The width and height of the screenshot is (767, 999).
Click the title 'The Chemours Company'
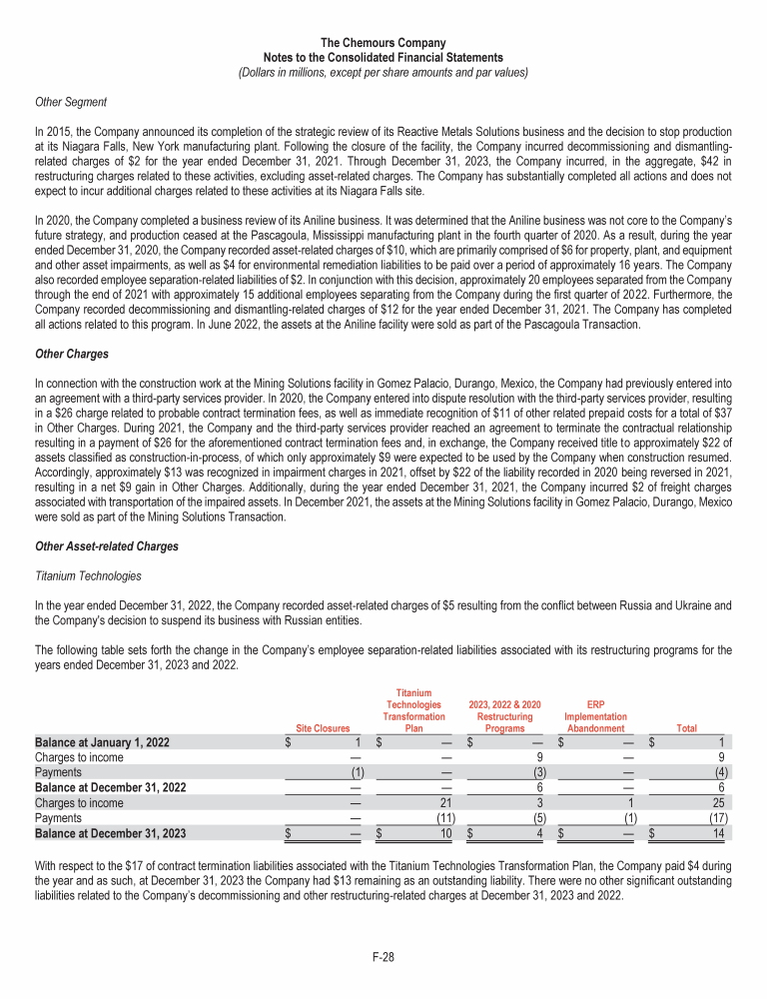(x=383, y=44)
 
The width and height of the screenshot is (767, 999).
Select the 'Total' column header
(x=687, y=729)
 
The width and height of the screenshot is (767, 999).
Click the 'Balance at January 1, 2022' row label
(x=102, y=743)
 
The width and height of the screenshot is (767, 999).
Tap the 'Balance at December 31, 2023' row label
(x=109, y=833)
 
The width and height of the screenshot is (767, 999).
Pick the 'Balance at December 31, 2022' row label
(x=109, y=788)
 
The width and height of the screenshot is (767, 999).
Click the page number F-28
(x=383, y=957)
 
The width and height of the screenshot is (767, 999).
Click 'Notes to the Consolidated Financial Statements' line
(x=383, y=58)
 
